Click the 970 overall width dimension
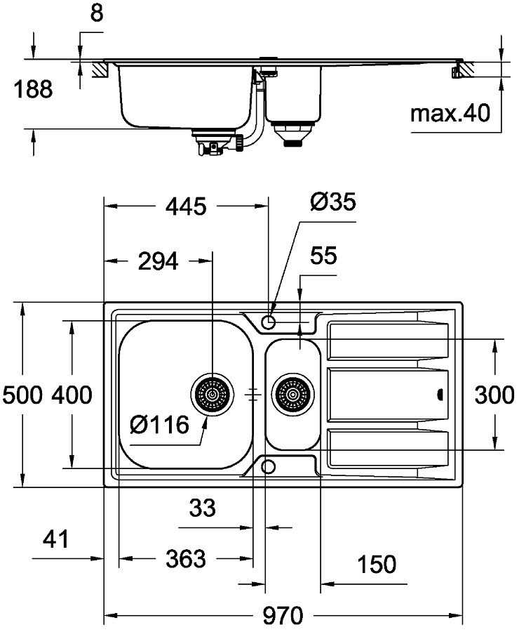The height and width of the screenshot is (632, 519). point(284,617)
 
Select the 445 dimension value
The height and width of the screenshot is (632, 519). point(186,207)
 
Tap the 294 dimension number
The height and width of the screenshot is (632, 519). point(158,262)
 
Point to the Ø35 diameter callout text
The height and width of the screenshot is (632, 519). point(332,202)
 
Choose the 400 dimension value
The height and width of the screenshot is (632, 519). point(71,395)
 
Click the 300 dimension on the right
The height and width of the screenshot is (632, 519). point(495,395)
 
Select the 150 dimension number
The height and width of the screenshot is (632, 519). point(376,564)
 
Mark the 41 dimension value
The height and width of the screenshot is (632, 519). point(56,539)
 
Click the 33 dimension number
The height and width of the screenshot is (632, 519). point(203,506)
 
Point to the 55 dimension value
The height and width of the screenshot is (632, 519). point(323,256)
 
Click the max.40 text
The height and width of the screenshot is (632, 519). point(450,113)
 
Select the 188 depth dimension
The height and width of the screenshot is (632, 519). point(34,90)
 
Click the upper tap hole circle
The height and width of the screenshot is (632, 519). point(268,322)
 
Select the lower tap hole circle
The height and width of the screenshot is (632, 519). point(268,466)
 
